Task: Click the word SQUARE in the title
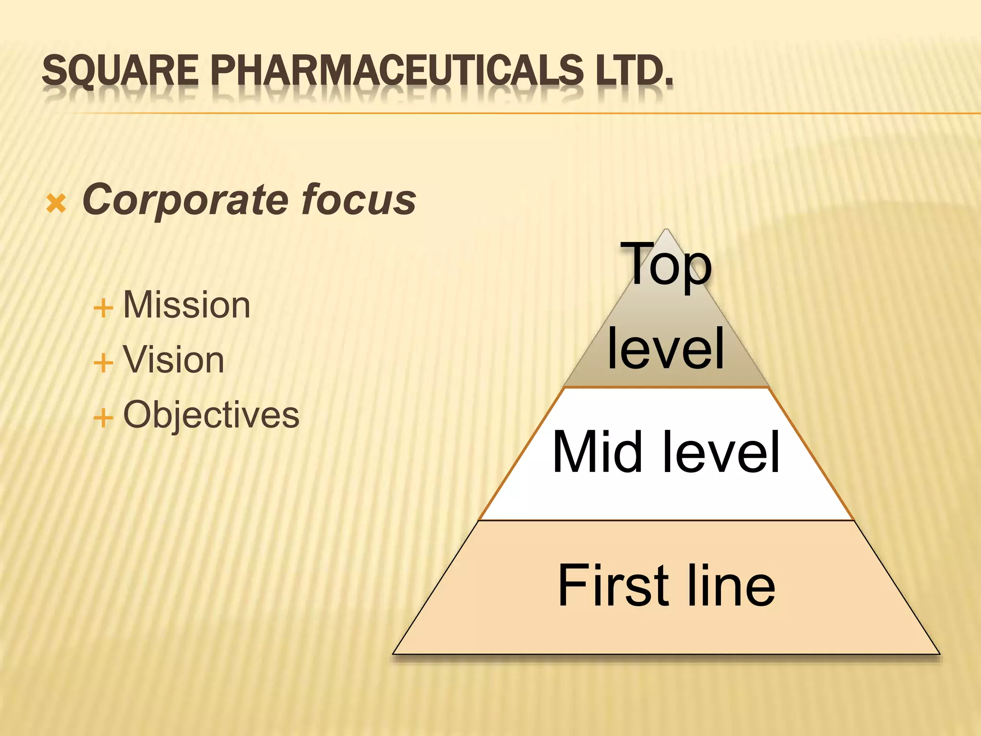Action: (x=120, y=70)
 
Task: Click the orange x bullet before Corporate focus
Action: (x=56, y=204)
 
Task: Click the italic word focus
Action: (x=359, y=200)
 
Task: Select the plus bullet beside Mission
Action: (x=103, y=307)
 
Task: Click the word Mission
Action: (x=186, y=305)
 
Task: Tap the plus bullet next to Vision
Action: (x=103, y=362)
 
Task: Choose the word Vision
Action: (x=173, y=360)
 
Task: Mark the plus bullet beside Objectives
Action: (x=103, y=417)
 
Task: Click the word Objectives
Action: (x=211, y=415)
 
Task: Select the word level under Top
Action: (x=666, y=348)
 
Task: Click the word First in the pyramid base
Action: (x=614, y=585)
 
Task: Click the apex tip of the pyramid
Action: (x=666, y=230)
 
